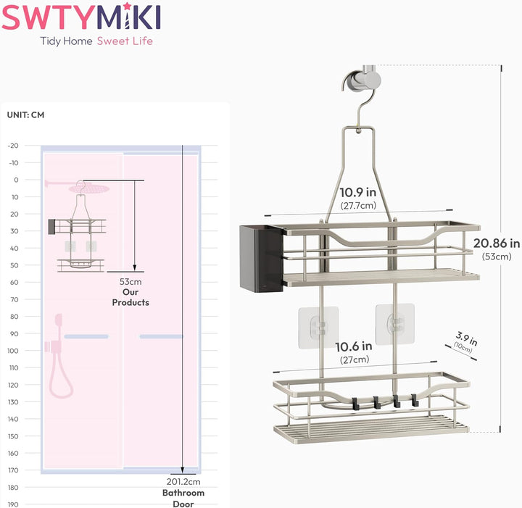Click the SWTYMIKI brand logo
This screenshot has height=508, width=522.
click(81, 17)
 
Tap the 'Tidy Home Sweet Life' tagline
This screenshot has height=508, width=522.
click(96, 41)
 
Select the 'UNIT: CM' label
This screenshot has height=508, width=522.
click(25, 114)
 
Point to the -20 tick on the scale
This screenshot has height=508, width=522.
click(13, 146)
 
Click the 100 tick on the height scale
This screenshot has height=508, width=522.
click(13, 351)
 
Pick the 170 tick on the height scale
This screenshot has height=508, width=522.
click(13, 470)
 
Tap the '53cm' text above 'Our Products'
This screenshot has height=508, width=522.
click(130, 282)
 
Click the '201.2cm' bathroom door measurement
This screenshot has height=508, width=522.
click(183, 481)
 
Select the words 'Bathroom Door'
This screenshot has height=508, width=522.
click(183, 498)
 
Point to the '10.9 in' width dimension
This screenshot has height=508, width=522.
click(358, 193)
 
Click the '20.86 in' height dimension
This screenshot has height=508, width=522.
click(497, 243)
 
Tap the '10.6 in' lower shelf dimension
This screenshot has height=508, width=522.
click(354, 346)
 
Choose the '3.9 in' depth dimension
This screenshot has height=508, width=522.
click(467, 338)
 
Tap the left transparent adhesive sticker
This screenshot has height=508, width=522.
click(318, 328)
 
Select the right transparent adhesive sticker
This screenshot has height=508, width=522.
click(395, 324)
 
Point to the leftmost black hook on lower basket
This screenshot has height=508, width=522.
click(355, 403)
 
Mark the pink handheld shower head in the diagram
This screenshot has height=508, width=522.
click(59, 320)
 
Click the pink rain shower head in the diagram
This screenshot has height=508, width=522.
click(89, 189)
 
